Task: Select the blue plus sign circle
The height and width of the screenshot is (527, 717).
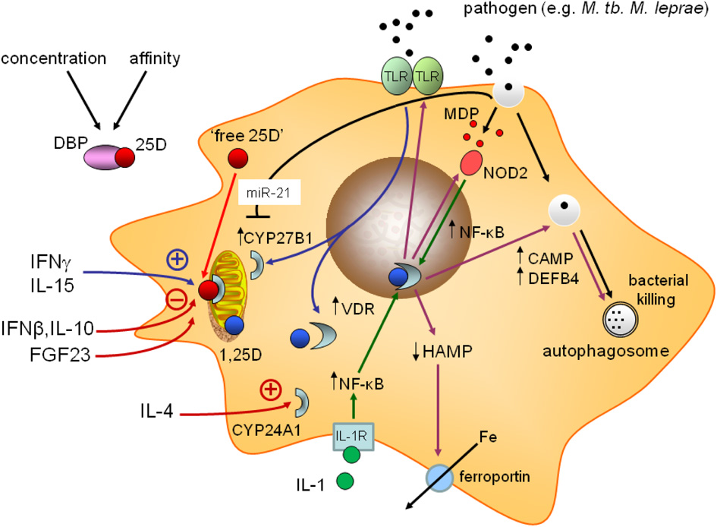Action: (178, 260)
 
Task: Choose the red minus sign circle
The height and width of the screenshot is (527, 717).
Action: (178, 301)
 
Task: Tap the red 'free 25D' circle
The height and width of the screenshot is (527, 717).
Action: (239, 159)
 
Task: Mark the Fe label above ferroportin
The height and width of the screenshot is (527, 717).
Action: (487, 437)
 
